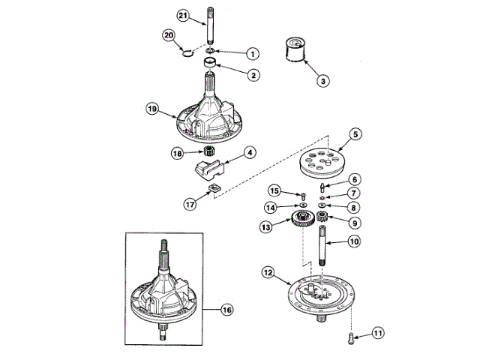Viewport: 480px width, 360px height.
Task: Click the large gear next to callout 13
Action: click(302, 222)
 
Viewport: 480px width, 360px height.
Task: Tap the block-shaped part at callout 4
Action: click(207, 167)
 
